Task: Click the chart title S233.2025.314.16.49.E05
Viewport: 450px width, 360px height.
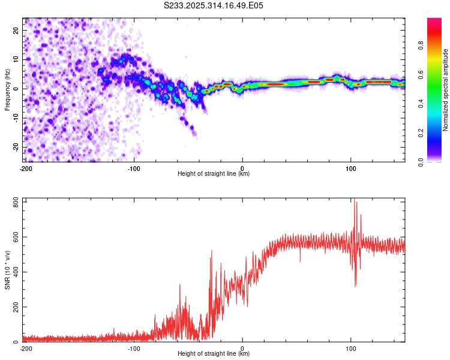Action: point(214,5)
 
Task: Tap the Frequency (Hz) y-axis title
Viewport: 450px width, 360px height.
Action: point(7,90)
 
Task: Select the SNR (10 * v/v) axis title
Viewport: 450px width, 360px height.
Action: point(7,270)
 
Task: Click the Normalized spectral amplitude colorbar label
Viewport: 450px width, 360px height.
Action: point(446,90)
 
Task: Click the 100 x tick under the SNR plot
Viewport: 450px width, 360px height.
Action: point(352,349)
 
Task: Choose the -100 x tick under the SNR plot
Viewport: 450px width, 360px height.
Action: point(133,349)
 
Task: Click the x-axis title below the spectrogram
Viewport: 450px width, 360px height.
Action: point(214,174)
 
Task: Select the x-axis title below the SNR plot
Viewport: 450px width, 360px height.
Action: point(214,354)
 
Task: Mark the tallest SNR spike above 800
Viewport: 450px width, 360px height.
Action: point(354,199)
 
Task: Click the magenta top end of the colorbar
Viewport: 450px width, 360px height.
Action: point(434,21)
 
